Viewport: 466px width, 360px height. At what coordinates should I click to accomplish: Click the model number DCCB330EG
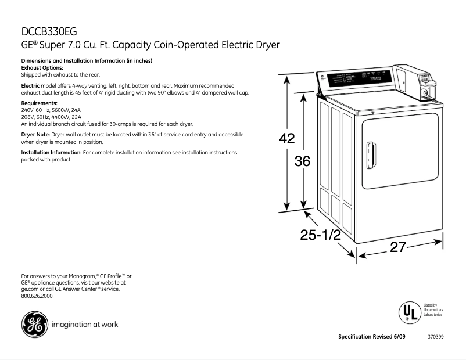coord(49,32)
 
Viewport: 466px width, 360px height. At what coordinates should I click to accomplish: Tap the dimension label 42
coord(286,139)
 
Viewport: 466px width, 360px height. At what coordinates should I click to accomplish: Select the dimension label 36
coord(302,161)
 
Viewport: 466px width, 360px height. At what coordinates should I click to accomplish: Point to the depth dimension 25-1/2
coord(320,235)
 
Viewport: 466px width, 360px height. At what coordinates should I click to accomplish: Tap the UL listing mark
coord(408,312)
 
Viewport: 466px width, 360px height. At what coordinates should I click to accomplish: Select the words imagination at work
coord(85,325)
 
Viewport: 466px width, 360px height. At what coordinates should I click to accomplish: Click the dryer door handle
coord(370,156)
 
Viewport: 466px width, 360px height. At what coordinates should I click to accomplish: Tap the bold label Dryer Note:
coord(35,134)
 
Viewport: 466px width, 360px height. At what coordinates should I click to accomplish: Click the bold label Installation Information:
coord(51,152)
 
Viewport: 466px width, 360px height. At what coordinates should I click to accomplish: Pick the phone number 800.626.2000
coord(37,296)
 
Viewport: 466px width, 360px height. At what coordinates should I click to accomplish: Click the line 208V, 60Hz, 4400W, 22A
coord(51,117)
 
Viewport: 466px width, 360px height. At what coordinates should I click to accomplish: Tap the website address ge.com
coord(30,289)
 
